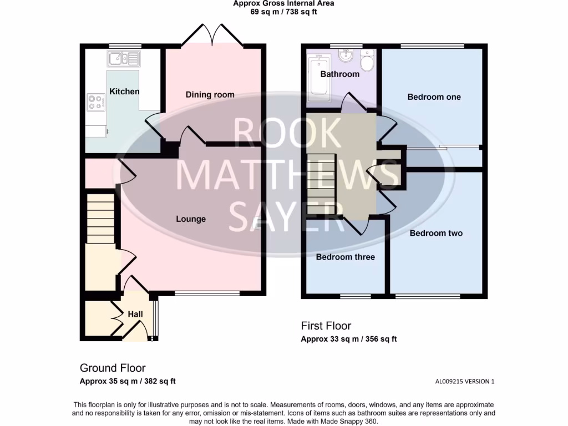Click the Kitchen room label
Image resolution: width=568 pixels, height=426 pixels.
(124, 91)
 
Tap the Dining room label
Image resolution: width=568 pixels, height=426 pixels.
(210, 94)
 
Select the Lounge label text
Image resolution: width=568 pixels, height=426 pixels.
(191, 219)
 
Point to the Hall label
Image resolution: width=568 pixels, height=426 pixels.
(135, 314)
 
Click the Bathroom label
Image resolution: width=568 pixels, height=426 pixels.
(340, 74)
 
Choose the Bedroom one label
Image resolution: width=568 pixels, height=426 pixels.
(434, 97)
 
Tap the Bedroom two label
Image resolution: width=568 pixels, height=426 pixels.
(436, 234)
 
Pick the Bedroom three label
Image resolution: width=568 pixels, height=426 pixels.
(346, 257)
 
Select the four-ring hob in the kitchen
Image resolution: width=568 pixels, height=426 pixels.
(95, 102)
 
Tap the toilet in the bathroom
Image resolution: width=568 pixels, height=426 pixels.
(367, 59)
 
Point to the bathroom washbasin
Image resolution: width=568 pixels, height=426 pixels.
(344, 56)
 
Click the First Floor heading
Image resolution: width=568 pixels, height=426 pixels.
(326, 326)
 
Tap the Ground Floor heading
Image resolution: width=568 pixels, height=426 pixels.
(113, 368)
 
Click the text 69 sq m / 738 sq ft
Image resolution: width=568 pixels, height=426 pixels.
(283, 12)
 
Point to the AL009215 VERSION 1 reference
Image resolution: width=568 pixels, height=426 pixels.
(464, 381)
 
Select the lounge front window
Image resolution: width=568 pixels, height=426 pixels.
(207, 293)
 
